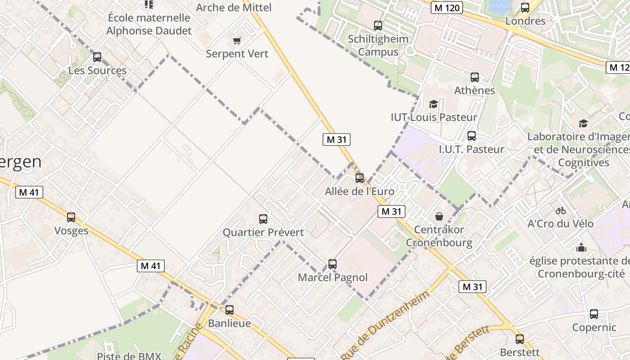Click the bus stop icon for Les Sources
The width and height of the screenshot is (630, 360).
point(97,57)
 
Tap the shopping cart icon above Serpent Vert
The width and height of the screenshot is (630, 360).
point(237,41)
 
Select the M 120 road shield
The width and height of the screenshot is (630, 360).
point(446,7)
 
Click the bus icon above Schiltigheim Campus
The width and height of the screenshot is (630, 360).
point(378,26)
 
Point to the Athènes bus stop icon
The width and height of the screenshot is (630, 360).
point(474,77)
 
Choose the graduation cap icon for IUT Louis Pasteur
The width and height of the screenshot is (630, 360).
point(433,104)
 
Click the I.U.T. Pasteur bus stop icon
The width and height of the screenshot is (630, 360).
point(472,135)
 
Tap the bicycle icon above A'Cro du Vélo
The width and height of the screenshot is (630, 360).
point(560,210)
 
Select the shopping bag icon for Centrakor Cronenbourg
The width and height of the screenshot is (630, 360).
point(439,216)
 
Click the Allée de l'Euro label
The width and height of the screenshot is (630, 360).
point(360,191)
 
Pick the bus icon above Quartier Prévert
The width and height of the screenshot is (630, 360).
point(263,219)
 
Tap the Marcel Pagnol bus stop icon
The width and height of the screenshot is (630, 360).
point(333,264)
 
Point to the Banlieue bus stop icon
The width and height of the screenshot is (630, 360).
point(229,310)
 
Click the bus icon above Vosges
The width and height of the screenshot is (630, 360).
point(71,217)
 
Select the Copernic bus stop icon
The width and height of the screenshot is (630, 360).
point(594,314)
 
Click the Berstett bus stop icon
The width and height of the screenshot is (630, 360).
point(520,339)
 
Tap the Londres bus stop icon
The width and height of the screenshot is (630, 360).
point(525,8)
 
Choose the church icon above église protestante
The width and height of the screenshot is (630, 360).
point(581,247)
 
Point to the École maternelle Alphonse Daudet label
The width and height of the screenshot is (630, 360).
point(149,24)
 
